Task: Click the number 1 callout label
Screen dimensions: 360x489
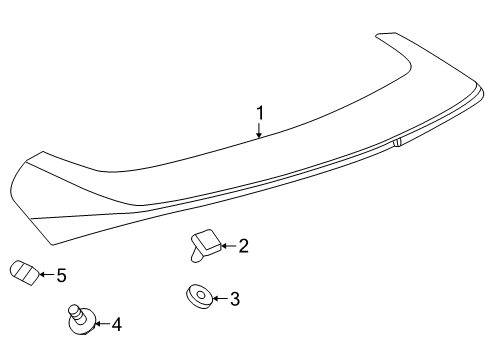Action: pos(259,114)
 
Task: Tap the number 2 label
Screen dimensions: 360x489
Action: pos(242,245)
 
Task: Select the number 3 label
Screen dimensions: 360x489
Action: pos(234,297)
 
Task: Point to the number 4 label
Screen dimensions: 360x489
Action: pos(116,323)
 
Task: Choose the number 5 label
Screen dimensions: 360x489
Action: pos(60,273)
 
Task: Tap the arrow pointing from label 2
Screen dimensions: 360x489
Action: pos(225,245)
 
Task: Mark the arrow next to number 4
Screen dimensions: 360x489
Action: pos(99,323)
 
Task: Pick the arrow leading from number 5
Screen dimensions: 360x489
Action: pos(44,273)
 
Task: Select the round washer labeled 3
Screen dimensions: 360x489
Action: pos(197,297)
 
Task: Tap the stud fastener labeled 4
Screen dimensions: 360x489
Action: pos(78,319)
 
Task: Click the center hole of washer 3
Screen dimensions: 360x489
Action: pos(197,296)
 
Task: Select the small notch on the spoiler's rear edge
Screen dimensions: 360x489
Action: pos(397,144)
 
